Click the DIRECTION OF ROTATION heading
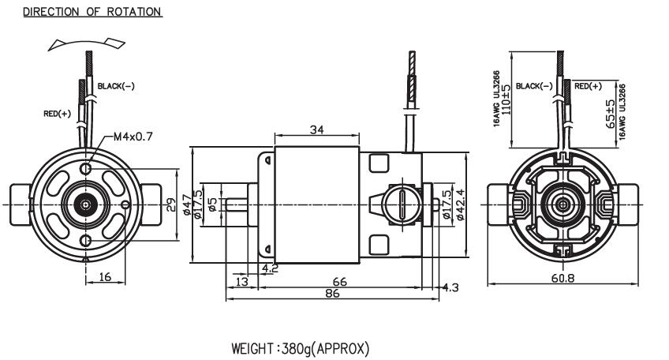(x=92, y=12)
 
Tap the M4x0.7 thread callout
(x=133, y=137)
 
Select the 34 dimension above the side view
(x=316, y=129)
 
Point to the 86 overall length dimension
(x=332, y=293)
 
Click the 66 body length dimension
(x=339, y=282)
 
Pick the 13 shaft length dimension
(x=241, y=281)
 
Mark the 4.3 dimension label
(x=450, y=287)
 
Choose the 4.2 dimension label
(x=270, y=268)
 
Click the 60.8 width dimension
(x=562, y=278)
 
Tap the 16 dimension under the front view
(x=105, y=277)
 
